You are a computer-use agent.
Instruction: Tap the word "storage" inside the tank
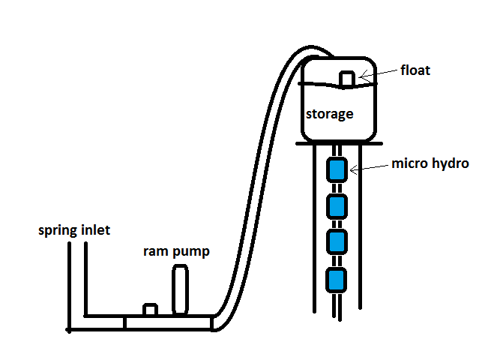pos(329,114)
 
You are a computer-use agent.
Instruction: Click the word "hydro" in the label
pos(450,163)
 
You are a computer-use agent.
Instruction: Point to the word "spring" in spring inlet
pos(59,230)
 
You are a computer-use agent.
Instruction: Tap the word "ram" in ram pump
pos(155,251)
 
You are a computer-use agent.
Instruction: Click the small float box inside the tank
pos(346,79)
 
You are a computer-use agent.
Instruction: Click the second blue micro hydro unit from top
pos(337,205)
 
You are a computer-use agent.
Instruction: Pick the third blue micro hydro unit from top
pos(337,242)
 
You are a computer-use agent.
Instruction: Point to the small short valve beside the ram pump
pos(150,310)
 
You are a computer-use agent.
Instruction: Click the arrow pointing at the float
pos(379,73)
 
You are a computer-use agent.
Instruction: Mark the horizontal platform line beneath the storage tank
pos(337,145)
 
